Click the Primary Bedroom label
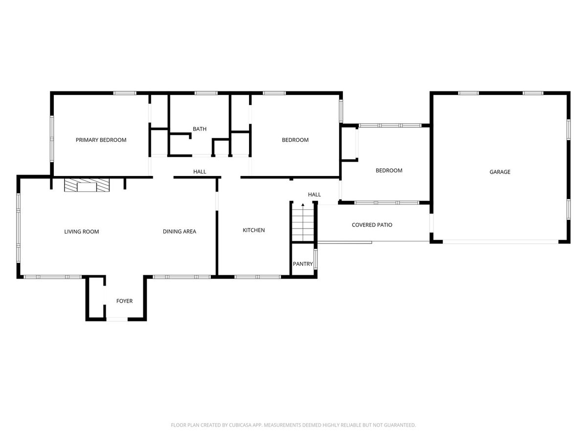tap(101, 140)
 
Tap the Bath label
tap(200, 129)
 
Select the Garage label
tap(499, 172)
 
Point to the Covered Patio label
tap(372, 225)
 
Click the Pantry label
tap(302, 264)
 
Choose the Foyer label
tap(124, 301)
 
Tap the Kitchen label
tap(253, 230)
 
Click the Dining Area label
tap(179, 232)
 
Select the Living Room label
tap(81, 232)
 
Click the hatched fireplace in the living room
tap(87, 185)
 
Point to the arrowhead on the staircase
tap(303, 205)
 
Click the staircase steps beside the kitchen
tap(303, 222)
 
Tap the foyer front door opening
tap(117, 319)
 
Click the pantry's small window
tap(316, 259)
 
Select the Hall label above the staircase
tap(314, 195)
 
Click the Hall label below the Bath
tap(200, 172)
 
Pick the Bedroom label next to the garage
tap(389, 171)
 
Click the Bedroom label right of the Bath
tap(295, 140)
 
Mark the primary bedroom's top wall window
tap(125, 93)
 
